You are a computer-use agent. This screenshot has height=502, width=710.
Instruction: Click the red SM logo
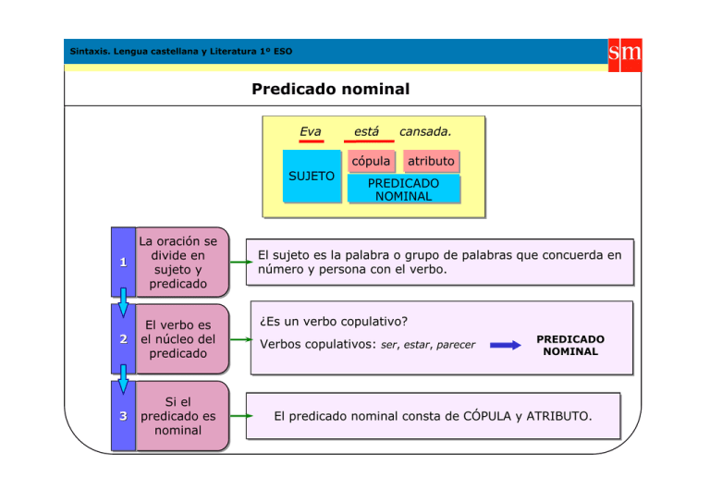coord(625,54)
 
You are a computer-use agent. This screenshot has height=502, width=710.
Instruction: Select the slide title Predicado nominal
coord(330,90)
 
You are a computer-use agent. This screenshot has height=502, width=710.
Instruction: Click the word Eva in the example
coord(311,131)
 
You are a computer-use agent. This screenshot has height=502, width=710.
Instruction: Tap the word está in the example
coord(367,131)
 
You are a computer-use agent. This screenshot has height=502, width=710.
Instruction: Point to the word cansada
coord(425,131)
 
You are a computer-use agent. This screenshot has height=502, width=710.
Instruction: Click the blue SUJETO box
coord(312,175)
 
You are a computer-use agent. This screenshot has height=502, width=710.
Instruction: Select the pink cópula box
coord(371,161)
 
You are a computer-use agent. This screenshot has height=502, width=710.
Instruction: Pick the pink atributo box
coord(431,161)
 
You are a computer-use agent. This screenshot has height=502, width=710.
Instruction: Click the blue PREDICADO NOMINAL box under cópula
coord(403,190)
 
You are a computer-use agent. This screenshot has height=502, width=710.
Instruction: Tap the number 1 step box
coord(122,262)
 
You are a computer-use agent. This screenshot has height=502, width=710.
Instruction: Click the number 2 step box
coord(122,339)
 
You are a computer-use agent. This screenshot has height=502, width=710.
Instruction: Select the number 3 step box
coord(122,416)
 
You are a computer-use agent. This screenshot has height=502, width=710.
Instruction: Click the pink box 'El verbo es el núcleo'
coord(179,339)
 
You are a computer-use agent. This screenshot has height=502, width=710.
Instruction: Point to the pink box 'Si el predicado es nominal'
coord(179,416)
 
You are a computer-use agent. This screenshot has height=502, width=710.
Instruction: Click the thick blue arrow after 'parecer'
coord(506,346)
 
